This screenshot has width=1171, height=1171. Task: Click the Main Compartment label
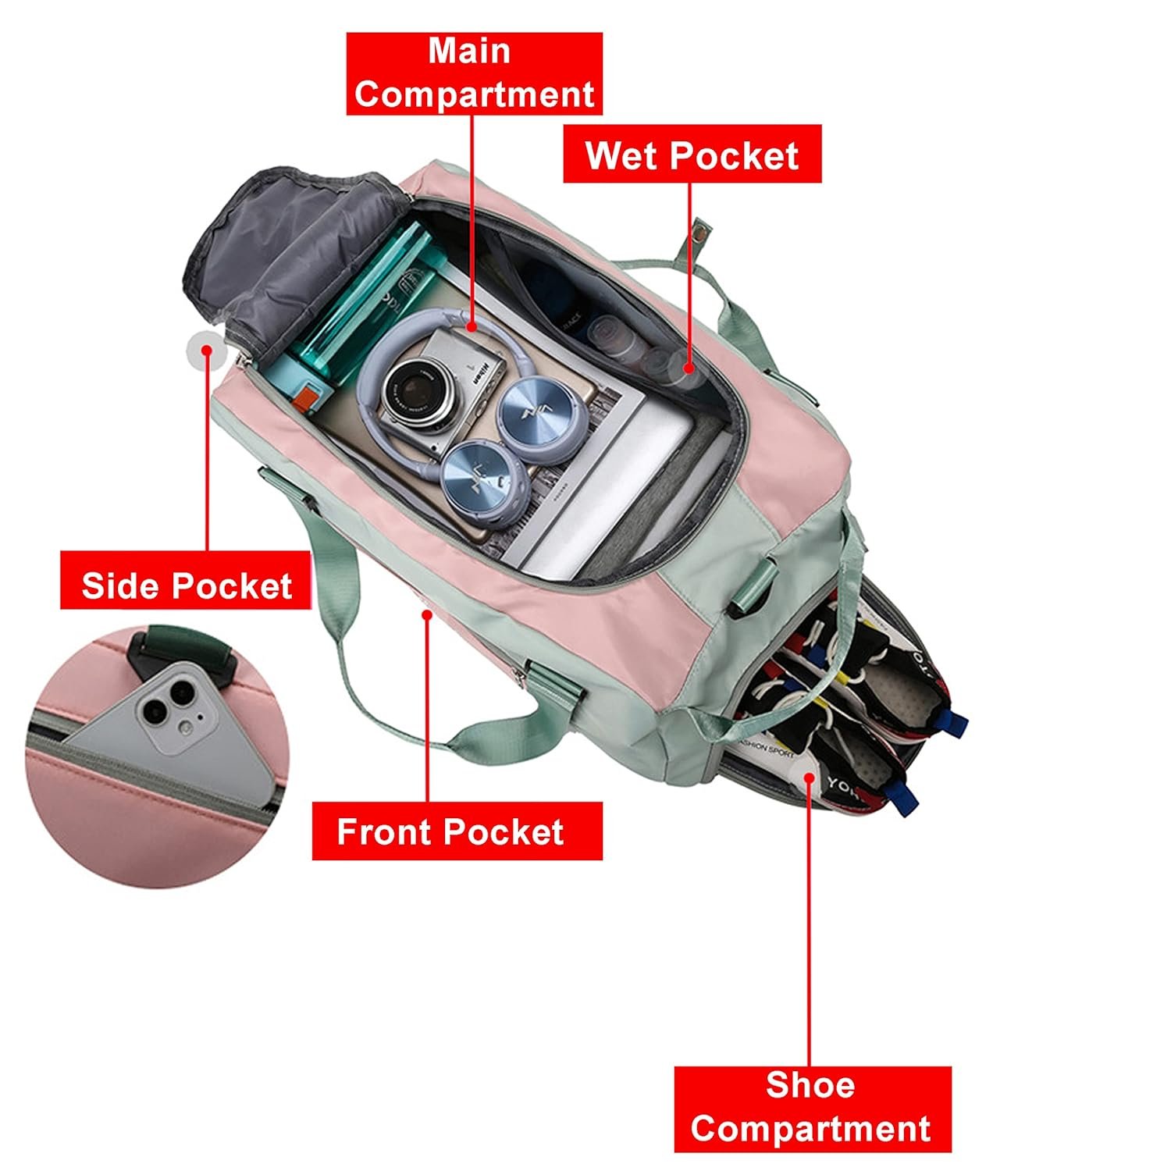tap(474, 73)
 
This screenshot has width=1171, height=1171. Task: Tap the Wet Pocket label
tap(692, 155)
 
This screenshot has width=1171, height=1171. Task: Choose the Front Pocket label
tap(457, 831)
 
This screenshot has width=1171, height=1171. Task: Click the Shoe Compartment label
tap(812, 1109)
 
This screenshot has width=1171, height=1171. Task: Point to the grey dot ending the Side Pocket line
tap(206, 349)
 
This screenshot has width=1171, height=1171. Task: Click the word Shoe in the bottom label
tap(810, 1085)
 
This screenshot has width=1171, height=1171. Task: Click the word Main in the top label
tap(469, 52)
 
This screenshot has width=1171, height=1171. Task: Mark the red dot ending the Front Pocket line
tap(427, 614)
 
